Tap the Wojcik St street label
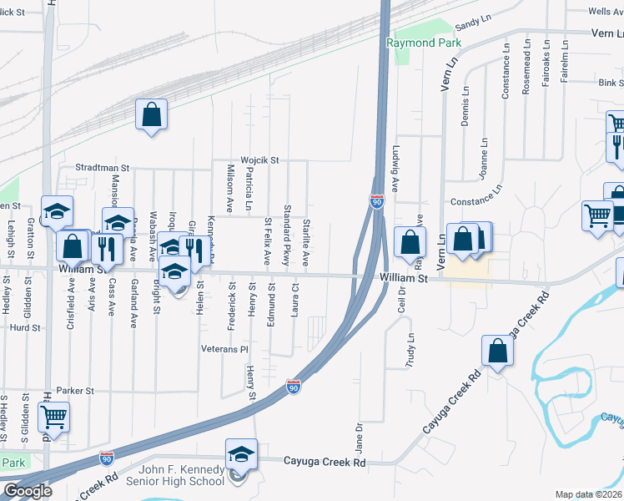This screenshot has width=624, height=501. tap(260, 159)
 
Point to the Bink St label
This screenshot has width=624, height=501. tap(611, 83)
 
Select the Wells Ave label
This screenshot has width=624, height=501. tap(606, 12)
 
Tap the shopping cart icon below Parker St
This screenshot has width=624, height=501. tap(53, 416)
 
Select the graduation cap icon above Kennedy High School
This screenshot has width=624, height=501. tap(241, 453)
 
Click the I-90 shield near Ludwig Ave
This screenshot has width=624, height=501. tap(377, 201)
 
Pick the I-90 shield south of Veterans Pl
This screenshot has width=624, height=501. tap(293, 387)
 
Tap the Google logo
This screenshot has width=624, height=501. tap(28, 491)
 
